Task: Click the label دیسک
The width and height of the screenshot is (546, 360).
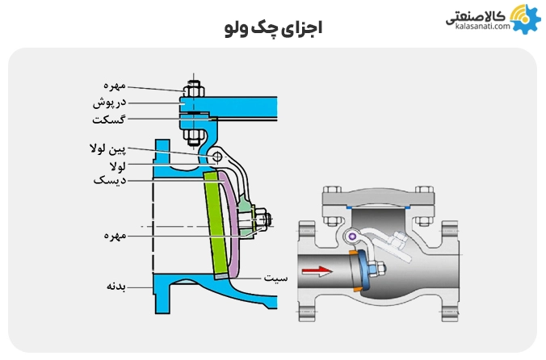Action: click(x=111, y=181)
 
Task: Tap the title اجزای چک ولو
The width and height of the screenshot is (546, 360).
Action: click(x=273, y=27)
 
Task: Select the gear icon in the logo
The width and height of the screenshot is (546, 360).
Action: click(x=523, y=19)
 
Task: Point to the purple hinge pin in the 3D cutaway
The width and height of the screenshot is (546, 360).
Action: click(x=353, y=236)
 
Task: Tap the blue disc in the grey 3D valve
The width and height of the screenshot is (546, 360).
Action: click(x=362, y=270)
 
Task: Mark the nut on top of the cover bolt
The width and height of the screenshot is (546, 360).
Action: click(x=193, y=85)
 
